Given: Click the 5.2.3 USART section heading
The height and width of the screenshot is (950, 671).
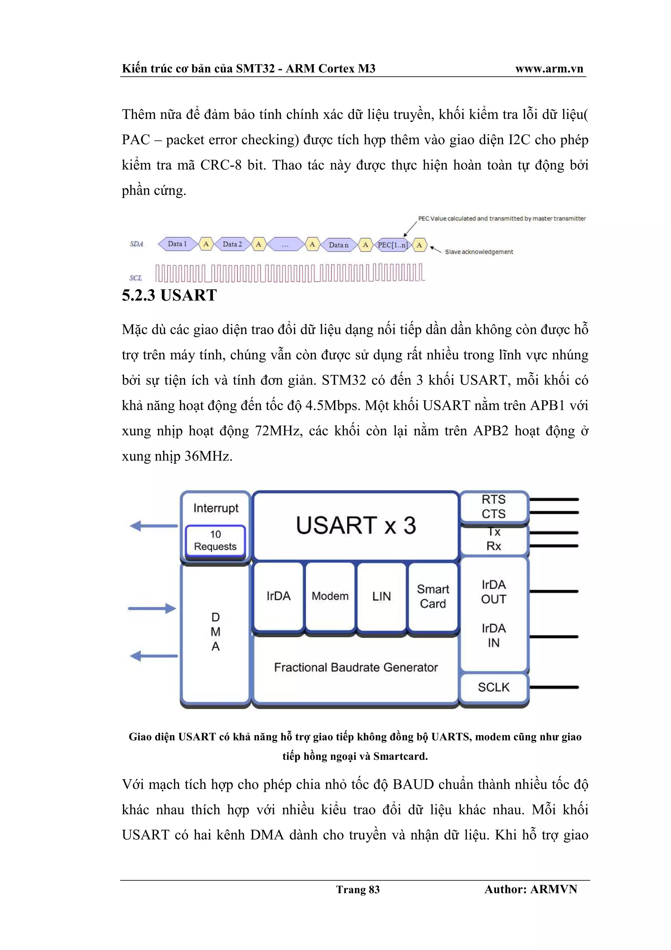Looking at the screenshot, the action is pyautogui.click(x=169, y=295).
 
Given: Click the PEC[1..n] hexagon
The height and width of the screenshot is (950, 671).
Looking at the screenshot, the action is pyautogui.click(x=393, y=245).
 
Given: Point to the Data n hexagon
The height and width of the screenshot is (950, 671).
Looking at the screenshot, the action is pyautogui.click(x=338, y=245).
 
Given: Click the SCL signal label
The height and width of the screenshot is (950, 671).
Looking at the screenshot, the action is pyautogui.click(x=136, y=278).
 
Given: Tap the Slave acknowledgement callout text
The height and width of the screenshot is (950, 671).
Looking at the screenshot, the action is pyautogui.click(x=479, y=251).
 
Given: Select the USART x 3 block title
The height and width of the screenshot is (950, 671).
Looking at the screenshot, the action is pyautogui.click(x=355, y=525).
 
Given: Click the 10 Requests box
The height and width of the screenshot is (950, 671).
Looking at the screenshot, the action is pyautogui.click(x=215, y=540).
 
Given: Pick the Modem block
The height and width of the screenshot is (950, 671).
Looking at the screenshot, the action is pyautogui.click(x=330, y=596).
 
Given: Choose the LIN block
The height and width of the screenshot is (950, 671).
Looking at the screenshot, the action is pyautogui.click(x=381, y=596).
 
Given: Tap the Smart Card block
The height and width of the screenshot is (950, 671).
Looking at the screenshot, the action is pyautogui.click(x=433, y=596).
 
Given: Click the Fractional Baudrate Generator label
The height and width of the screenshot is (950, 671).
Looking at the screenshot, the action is pyautogui.click(x=355, y=667).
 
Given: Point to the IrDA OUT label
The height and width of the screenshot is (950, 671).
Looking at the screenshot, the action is pyautogui.click(x=494, y=592).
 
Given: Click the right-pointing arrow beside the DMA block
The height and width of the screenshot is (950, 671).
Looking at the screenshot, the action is pyautogui.click(x=152, y=608).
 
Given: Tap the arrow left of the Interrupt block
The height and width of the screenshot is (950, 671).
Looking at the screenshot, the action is pyautogui.click(x=153, y=526).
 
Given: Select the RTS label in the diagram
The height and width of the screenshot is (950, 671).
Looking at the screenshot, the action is pyautogui.click(x=494, y=499).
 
